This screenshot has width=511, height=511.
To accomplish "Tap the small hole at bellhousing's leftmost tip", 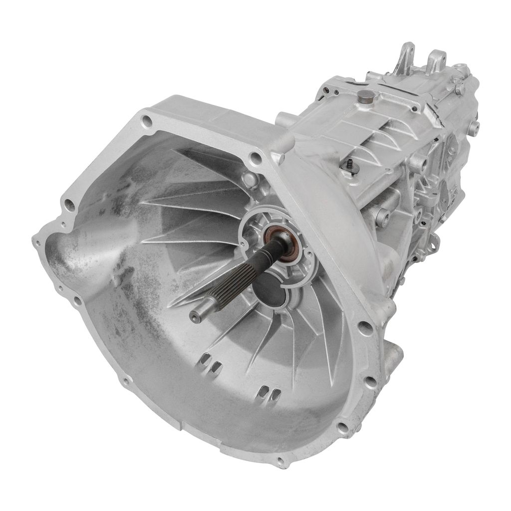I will (36, 243).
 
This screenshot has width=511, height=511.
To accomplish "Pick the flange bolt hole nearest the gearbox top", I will (255, 158).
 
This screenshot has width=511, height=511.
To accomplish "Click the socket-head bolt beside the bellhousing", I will (382, 216).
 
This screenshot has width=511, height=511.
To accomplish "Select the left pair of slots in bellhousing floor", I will (210, 363).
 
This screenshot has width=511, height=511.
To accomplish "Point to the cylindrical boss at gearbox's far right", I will (473, 128).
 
